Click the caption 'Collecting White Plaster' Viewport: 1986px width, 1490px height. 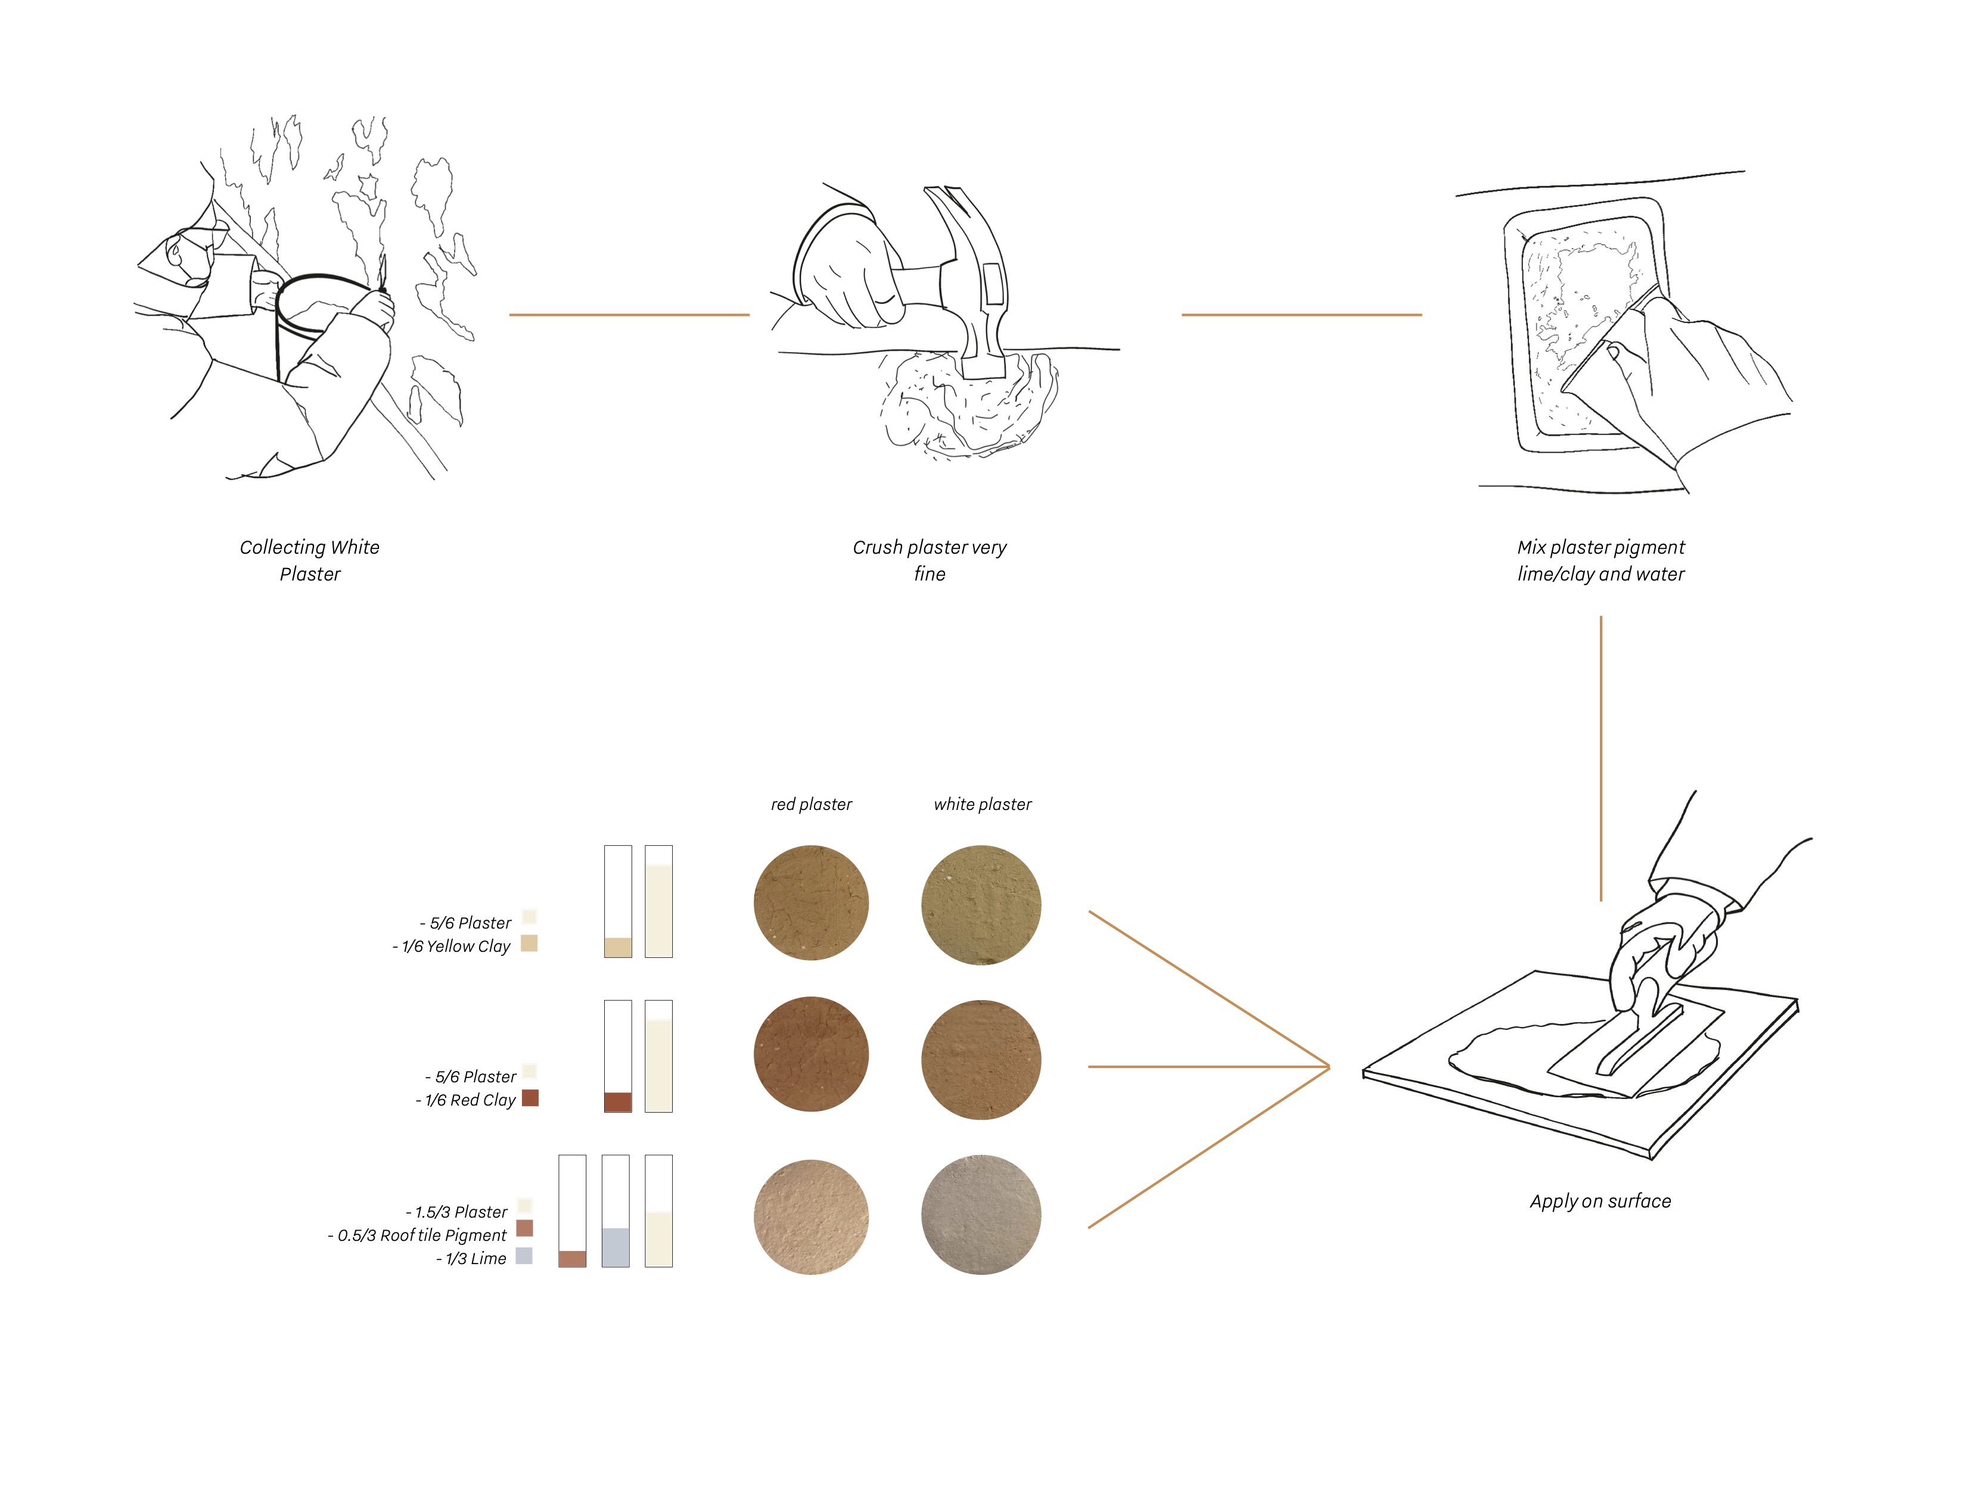point(310,560)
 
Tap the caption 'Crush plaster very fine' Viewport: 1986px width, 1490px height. point(930,560)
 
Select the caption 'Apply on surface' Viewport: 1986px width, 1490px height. point(1600,1201)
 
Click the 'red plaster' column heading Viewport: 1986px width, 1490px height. point(811,805)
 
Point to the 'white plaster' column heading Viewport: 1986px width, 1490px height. point(982,805)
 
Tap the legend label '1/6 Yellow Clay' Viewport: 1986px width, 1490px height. point(455,946)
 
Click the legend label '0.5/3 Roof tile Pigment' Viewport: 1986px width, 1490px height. point(421,1235)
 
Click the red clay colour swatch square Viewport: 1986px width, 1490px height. point(530,1097)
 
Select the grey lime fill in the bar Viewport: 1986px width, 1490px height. point(615,1247)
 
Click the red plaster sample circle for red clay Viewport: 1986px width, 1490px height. point(811,1054)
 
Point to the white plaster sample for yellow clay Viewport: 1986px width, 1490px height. point(981,904)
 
